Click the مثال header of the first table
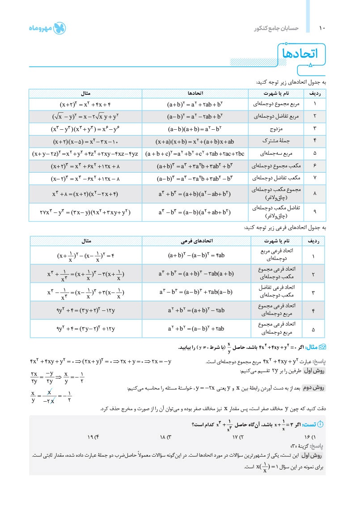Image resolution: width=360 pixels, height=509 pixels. [x=85, y=93]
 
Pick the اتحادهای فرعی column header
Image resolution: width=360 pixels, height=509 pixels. [x=195, y=241]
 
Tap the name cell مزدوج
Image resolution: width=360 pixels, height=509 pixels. [x=275, y=129]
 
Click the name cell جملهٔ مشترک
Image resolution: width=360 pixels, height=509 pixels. [x=275, y=141]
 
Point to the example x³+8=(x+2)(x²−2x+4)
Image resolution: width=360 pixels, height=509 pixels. [x=85, y=194]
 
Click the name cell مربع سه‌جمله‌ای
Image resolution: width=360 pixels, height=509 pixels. [x=275, y=154]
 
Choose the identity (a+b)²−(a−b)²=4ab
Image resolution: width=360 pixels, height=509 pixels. [x=195, y=256]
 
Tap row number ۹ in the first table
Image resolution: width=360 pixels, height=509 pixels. [x=315, y=212]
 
